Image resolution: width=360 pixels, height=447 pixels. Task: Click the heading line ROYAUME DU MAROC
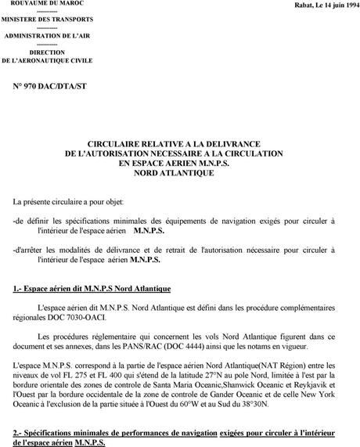(47, 5)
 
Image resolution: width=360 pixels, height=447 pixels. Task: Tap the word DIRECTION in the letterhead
(47, 52)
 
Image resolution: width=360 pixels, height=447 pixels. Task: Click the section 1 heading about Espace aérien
(92, 289)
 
